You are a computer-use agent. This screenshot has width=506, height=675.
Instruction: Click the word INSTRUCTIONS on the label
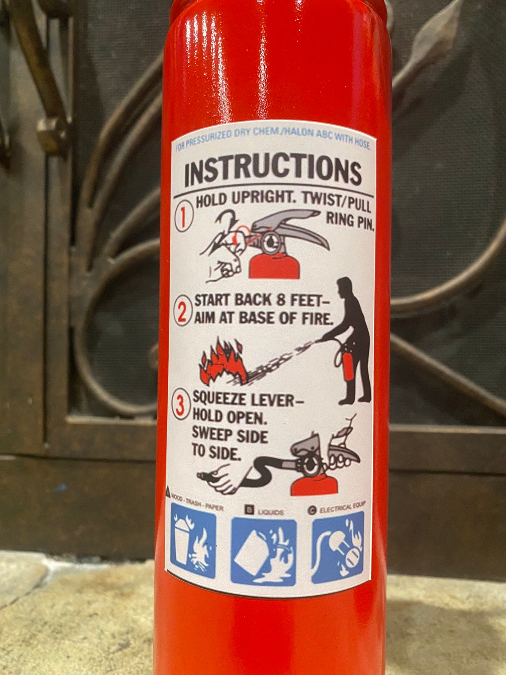click(273, 172)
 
